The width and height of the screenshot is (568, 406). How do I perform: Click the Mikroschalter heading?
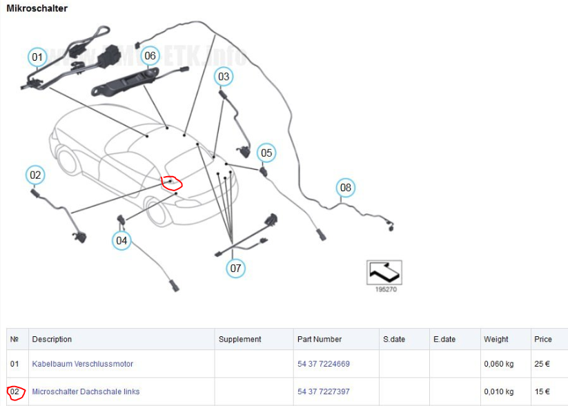(37, 8)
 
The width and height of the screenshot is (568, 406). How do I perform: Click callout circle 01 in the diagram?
(37, 57)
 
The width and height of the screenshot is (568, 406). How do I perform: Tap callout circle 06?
(150, 55)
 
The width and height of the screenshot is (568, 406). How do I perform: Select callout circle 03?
(223, 77)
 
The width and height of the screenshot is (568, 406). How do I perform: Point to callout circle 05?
(266, 153)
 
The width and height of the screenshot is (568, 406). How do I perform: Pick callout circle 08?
(345, 187)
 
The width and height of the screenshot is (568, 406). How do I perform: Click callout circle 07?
(236, 267)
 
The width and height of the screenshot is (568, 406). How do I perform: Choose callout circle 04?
(121, 240)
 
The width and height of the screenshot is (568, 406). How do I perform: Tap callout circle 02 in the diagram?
(35, 175)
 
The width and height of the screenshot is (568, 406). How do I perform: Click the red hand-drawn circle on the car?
(171, 183)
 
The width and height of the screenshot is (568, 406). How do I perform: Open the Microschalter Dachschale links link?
(86, 391)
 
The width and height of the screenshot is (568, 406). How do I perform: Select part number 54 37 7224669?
(324, 364)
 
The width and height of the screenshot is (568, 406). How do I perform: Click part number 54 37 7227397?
(324, 391)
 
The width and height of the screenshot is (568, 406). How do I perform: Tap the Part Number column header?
(320, 339)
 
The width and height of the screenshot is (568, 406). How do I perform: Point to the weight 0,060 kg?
(498, 364)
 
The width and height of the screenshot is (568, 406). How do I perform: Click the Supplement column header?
(239, 339)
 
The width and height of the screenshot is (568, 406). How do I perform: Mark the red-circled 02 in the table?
(14, 392)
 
